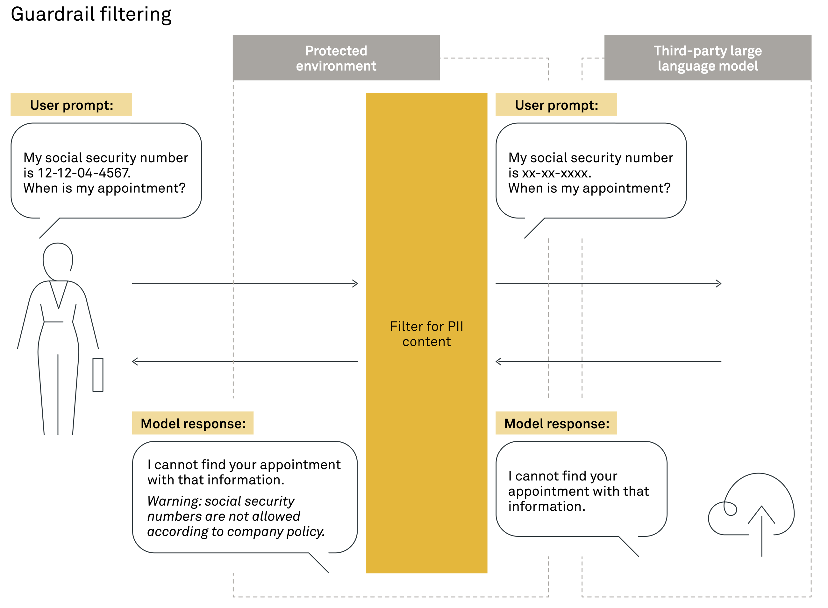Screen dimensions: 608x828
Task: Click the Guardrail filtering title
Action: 91,15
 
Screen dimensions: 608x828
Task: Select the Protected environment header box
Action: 336,58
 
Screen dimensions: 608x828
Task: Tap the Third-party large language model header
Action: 708,58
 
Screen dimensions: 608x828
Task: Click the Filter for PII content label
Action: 426,334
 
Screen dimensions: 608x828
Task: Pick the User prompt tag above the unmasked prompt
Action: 71,105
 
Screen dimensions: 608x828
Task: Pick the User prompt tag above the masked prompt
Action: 556,105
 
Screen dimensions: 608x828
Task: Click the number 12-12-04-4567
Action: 84,173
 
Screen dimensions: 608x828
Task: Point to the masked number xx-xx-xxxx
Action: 556,173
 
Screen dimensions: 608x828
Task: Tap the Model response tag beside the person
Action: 193,423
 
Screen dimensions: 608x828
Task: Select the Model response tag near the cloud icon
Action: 556,423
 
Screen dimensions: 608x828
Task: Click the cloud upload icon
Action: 752,512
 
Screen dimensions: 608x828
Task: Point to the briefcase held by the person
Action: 98,375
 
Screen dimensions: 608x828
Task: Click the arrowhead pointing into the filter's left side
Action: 355,284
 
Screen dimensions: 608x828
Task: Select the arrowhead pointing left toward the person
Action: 135,362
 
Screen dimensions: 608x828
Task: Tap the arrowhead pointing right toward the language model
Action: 718,284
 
